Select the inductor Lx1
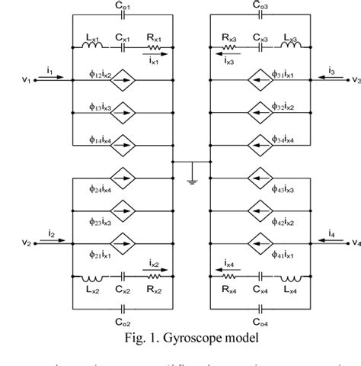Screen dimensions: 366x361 [94, 47]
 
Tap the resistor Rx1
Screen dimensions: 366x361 [153, 47]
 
